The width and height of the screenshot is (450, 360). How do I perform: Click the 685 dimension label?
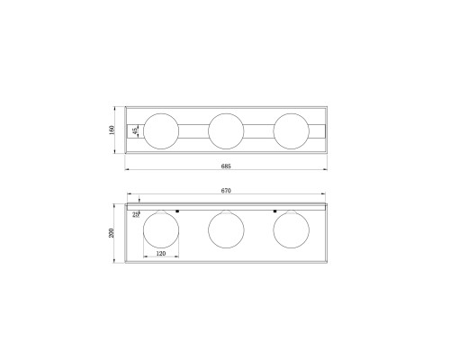point(226,166)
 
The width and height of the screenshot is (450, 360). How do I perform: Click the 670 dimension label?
point(226,191)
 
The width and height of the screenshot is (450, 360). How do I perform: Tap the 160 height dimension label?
point(112,130)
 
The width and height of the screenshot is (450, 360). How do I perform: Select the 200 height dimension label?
point(112,233)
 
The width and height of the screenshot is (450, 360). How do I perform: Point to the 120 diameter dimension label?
point(161,254)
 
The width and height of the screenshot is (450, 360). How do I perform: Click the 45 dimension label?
point(135,130)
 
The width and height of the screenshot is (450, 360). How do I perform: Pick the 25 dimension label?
point(136,214)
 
